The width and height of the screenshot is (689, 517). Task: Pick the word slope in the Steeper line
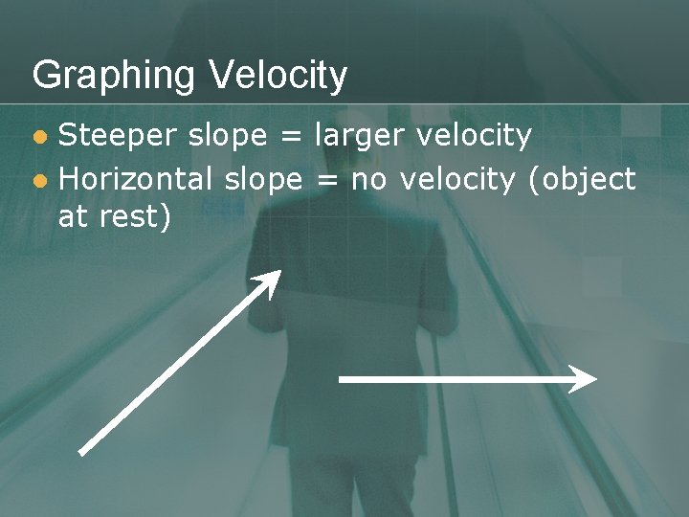coord(228,136)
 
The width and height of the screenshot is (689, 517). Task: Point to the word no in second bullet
coord(369,179)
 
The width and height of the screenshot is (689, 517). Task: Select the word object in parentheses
coord(583,179)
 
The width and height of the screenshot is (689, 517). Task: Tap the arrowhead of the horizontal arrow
coord(585,379)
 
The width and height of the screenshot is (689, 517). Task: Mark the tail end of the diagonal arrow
coord(82,451)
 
